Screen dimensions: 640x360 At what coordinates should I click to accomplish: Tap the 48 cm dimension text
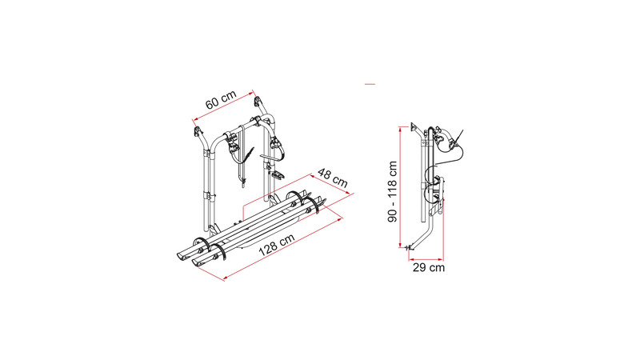tap(333, 178)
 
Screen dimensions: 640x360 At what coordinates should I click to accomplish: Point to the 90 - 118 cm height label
tap(392, 191)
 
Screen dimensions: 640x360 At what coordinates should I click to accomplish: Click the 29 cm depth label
tap(429, 268)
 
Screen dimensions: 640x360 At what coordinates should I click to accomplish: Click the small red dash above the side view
tap(370, 84)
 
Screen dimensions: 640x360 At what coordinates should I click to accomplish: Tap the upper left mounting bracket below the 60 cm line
tap(198, 132)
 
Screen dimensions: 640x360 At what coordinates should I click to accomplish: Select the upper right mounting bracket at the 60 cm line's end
tap(258, 101)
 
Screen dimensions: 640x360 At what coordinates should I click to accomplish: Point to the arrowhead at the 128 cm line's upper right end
tap(340, 219)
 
